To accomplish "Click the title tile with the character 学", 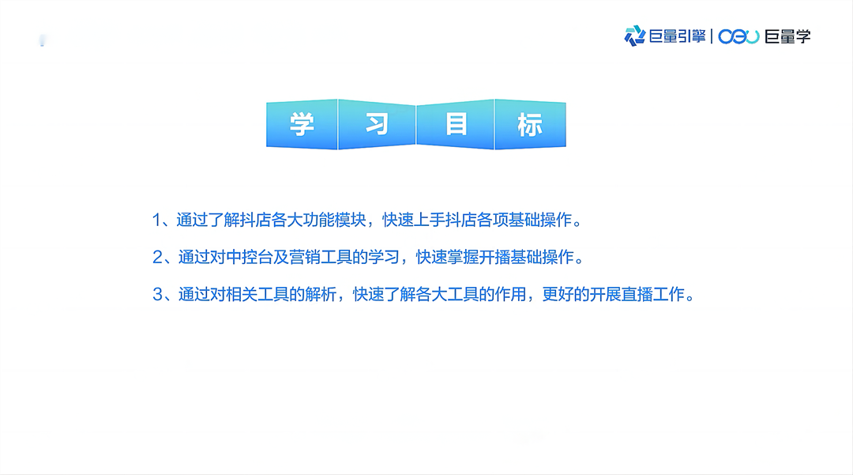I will pyautogui.click(x=302, y=124).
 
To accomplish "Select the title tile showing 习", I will pyautogui.click(x=377, y=124).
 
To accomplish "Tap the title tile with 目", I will pyautogui.click(x=456, y=124).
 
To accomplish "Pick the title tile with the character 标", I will pyautogui.click(x=530, y=124).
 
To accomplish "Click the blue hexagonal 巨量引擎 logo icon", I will pyautogui.click(x=635, y=36).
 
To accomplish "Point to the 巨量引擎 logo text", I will pyautogui.click(x=677, y=36).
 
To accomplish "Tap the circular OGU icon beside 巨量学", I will pyautogui.click(x=738, y=36).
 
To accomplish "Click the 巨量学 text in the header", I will pyautogui.click(x=787, y=36).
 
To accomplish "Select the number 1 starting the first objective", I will pyautogui.click(x=156, y=220).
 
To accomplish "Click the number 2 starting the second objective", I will pyautogui.click(x=156, y=257).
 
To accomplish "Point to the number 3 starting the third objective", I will pyautogui.click(x=156, y=295).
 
